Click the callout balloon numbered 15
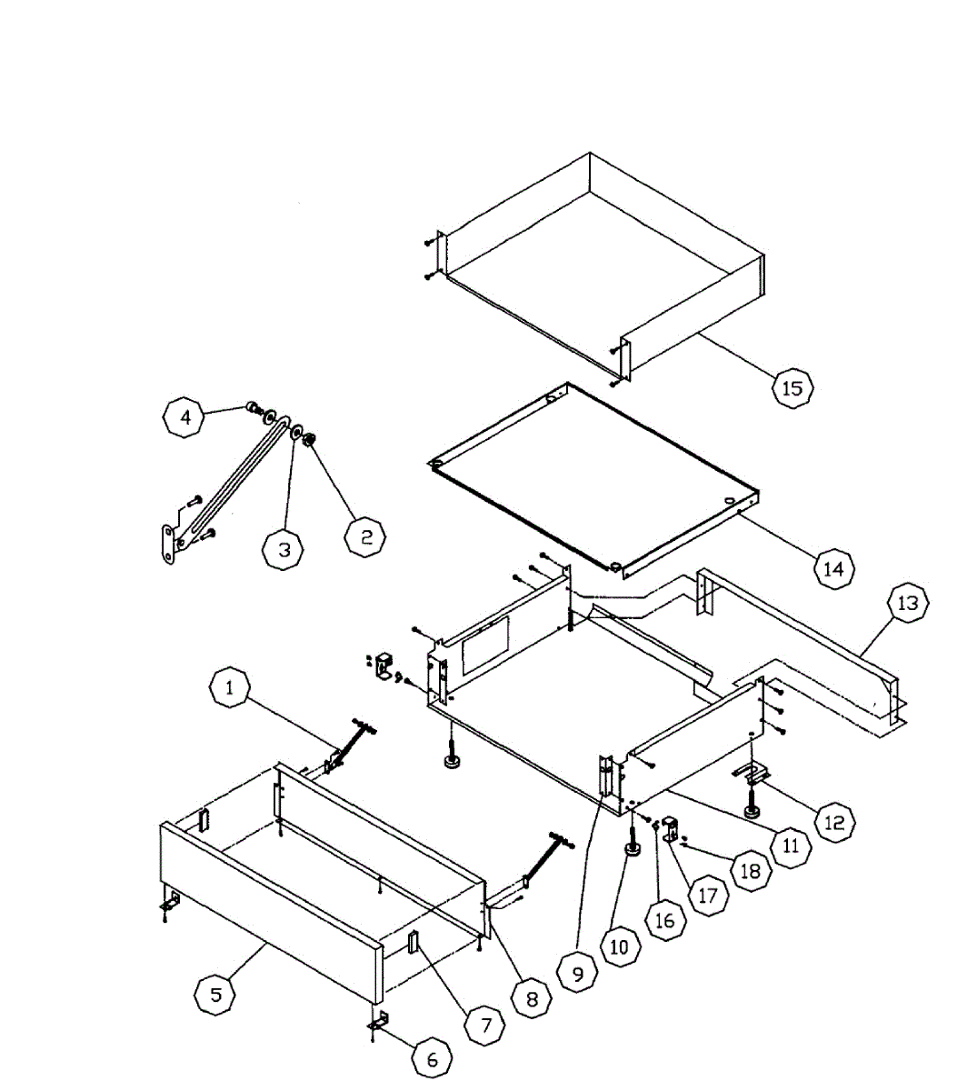coord(792,387)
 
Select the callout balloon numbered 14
coord(832,568)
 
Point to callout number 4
coord(185,417)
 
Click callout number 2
coord(365,536)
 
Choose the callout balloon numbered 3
coord(284,548)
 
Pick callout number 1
coord(230,688)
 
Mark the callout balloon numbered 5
coord(216,994)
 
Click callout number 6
coord(432,1059)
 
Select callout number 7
coord(485,1026)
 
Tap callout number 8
coord(532,998)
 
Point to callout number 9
coord(578,974)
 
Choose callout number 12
coord(833,822)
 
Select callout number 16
coord(665,919)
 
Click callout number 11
coord(791,846)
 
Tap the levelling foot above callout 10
coord(630,847)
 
